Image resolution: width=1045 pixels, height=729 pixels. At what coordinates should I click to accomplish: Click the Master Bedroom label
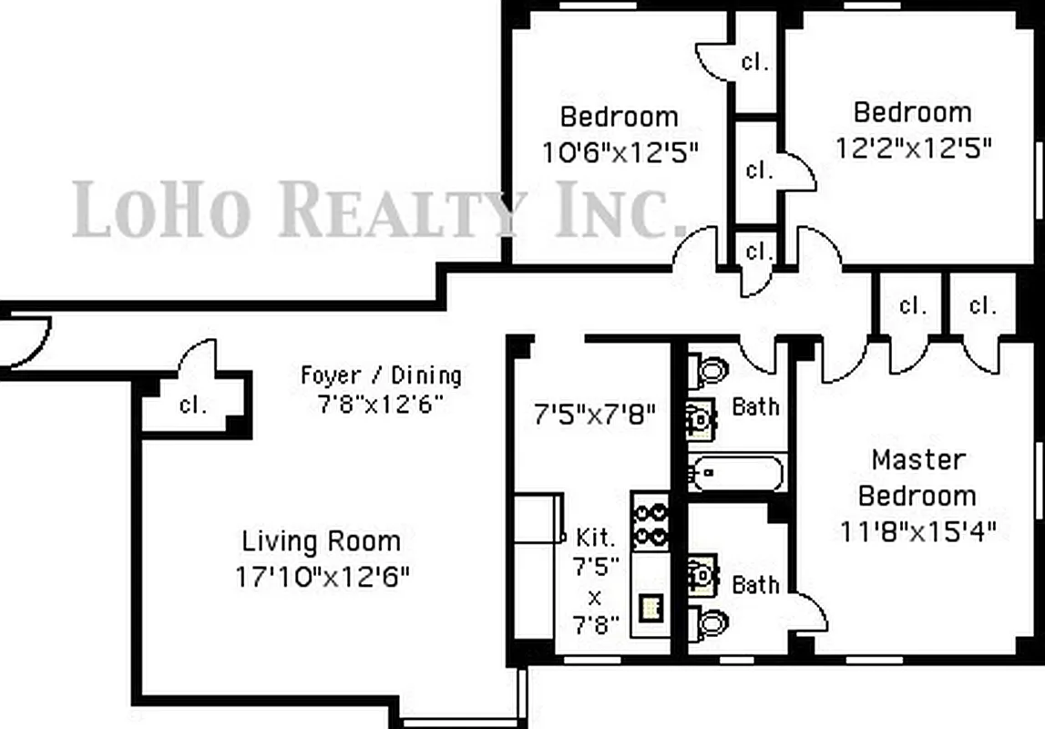(x=917, y=477)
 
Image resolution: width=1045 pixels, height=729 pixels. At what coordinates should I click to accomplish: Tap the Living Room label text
(x=321, y=541)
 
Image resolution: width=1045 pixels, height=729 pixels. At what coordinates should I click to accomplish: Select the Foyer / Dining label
(x=381, y=375)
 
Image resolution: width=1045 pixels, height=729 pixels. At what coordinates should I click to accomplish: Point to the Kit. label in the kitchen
(x=597, y=537)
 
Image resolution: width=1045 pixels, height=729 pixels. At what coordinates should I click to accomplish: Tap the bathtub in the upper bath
(x=736, y=473)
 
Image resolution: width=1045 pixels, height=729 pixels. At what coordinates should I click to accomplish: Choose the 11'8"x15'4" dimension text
(x=917, y=530)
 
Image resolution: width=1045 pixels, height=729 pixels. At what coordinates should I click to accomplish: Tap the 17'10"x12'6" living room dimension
(x=322, y=577)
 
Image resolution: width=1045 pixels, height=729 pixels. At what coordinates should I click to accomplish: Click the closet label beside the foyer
(x=192, y=405)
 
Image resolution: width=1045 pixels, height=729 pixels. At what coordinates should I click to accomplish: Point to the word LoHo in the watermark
(x=160, y=209)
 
